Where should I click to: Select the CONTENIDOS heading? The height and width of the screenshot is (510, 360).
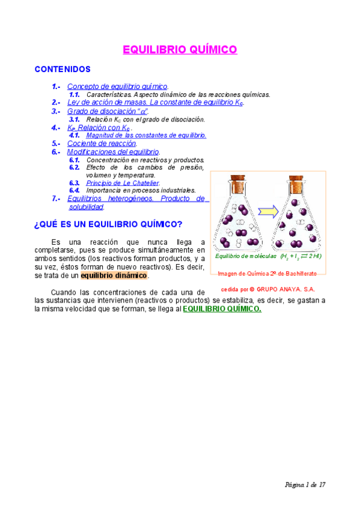coord(63,69)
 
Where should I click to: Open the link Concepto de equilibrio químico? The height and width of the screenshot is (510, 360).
coord(117,87)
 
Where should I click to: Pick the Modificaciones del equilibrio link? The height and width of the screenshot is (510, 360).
coord(113,152)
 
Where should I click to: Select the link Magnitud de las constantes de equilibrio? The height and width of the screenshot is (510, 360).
coord(146,135)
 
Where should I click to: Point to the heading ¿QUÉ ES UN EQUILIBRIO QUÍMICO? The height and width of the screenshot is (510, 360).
coord(108,224)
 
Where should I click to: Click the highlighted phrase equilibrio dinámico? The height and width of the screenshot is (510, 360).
coord(114,275)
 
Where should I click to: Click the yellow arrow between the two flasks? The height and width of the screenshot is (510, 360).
coord(268,210)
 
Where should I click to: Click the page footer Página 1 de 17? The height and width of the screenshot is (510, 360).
coord(305,484)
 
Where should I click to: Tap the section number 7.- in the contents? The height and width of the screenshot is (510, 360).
coord(56,198)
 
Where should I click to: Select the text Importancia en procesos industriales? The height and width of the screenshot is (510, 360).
coord(141,190)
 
